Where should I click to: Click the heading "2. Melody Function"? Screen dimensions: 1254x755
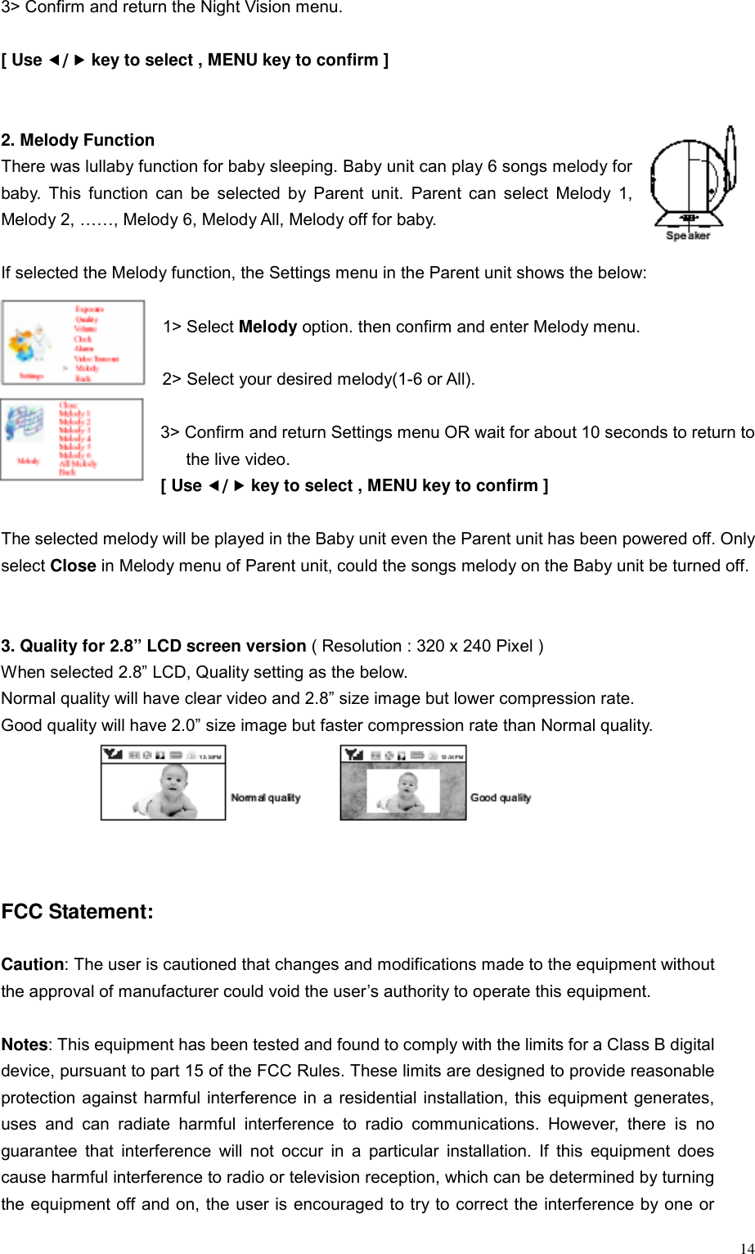point(78,140)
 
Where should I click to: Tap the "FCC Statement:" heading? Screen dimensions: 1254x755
point(77,912)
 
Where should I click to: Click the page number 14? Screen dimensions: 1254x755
point(746,1247)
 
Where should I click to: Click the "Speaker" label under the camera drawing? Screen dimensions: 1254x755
point(688,236)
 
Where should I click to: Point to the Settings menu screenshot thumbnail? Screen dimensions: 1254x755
point(73,342)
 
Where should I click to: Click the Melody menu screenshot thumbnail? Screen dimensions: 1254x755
point(72,439)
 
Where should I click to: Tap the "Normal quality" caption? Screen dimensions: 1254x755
point(266,797)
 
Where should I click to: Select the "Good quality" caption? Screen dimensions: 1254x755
point(501,797)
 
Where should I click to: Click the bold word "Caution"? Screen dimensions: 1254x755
point(32,964)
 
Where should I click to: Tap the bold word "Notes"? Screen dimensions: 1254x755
point(25,1044)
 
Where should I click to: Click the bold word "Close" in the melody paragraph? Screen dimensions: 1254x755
point(73,566)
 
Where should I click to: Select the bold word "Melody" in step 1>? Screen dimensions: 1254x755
point(267,327)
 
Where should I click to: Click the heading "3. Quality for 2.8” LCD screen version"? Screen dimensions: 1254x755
point(154,646)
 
